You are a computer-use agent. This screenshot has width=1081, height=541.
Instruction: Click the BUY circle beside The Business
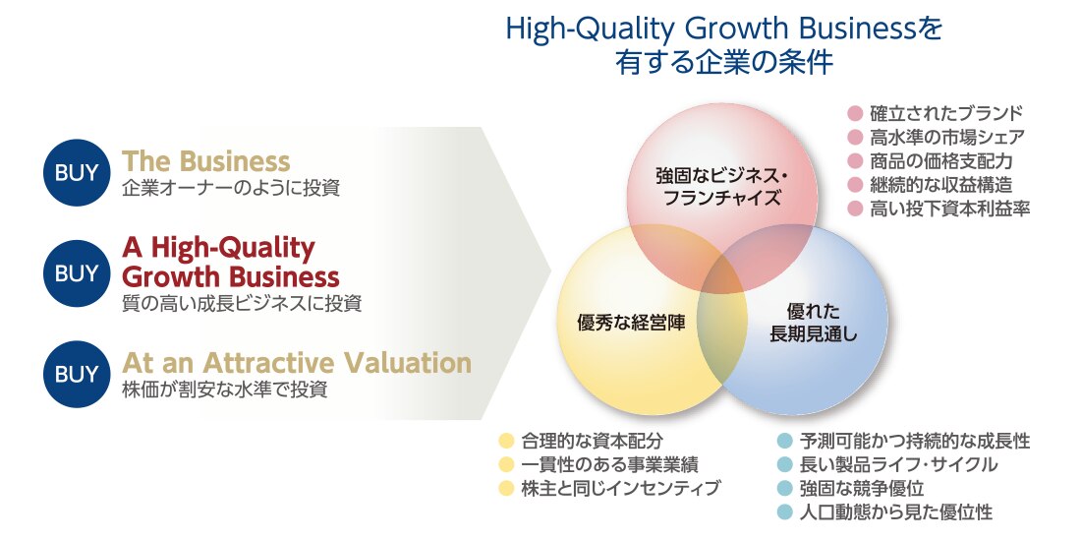coord(77,172)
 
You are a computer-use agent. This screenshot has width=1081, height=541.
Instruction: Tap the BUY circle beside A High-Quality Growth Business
coord(77,273)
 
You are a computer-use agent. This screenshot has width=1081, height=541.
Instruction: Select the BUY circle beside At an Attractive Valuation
coord(77,374)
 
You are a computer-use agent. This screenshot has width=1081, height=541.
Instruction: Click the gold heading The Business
coord(206,160)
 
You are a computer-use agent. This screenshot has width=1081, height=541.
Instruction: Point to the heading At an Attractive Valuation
coord(297,363)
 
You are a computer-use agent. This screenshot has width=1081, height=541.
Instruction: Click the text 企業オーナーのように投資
coord(231,188)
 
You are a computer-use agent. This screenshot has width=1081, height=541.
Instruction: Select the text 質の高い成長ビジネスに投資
coord(242,303)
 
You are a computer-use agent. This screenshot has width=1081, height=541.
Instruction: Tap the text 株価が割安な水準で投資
coord(224,390)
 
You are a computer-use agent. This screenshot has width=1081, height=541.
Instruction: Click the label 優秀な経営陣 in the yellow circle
coord(631,323)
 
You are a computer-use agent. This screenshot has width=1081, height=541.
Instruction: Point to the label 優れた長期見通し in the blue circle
coord(814,323)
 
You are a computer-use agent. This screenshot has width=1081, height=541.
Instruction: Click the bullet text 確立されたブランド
coord(945,113)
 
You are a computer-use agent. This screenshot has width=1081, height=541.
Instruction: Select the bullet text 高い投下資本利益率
coord(949,209)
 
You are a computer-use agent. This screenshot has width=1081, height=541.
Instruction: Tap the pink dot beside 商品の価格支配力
coord(856,160)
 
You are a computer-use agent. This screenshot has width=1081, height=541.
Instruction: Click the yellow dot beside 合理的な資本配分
coord(507,441)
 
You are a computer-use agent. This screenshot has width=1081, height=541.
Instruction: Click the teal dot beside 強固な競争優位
coord(784,488)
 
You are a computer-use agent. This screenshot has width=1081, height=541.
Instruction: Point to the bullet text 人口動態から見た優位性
coord(895,512)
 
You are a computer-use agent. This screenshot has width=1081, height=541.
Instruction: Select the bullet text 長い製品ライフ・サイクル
coord(898,463)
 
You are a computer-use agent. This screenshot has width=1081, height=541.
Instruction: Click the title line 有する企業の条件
coord(724,63)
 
